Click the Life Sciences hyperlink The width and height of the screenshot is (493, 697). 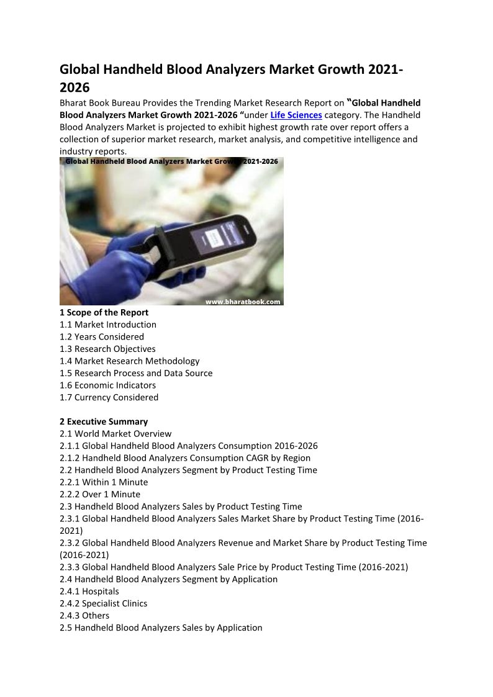point(296,115)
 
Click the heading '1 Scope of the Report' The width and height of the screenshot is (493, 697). point(104,312)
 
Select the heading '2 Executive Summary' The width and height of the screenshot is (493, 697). point(104,422)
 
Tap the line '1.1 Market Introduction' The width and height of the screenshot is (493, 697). point(108,325)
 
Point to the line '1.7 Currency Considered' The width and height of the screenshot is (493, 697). point(109,397)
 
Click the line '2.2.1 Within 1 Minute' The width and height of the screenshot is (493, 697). point(104,482)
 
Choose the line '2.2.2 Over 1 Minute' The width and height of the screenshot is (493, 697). point(100,494)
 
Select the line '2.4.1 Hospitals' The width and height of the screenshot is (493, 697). point(89,591)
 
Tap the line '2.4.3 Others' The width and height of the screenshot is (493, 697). point(84,616)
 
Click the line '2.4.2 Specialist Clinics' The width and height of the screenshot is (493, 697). point(104,604)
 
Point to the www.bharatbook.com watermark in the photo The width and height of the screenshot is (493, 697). point(243,302)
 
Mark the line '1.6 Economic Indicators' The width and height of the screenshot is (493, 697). point(107,385)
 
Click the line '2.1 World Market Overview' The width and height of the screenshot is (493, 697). point(115,434)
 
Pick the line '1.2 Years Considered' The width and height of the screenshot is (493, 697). point(102,337)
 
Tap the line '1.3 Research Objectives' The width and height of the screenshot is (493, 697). point(107,349)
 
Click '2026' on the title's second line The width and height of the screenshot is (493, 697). point(75,87)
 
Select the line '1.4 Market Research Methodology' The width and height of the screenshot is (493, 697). point(129,361)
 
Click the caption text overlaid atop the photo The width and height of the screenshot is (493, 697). point(171,161)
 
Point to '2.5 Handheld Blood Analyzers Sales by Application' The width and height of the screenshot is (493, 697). point(161,627)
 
